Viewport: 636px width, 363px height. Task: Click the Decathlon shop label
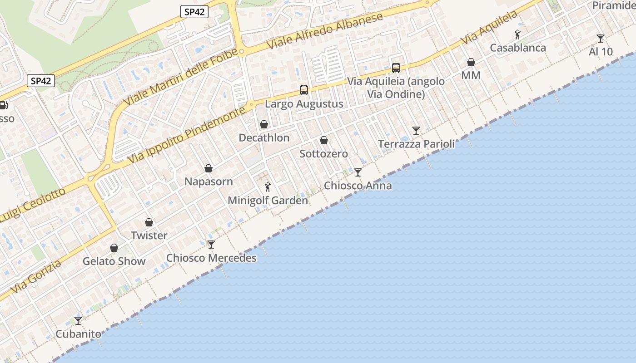(264, 138)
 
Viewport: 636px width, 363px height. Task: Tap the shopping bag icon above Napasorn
(209, 168)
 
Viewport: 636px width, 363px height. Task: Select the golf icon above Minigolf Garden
(268, 186)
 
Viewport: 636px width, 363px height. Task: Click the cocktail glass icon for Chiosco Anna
(358, 172)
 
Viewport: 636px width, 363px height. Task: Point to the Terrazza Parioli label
(416, 144)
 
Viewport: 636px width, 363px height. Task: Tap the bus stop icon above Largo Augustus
(304, 90)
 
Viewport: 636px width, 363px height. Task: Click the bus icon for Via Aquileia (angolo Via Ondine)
(396, 68)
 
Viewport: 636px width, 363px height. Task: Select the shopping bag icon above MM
(471, 62)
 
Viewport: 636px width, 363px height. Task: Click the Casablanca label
(518, 48)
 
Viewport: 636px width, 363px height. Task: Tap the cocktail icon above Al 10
(601, 38)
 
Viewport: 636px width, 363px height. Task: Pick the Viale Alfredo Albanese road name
(325, 31)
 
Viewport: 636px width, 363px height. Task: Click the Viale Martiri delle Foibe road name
(180, 77)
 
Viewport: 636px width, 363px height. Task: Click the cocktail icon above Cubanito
(78, 320)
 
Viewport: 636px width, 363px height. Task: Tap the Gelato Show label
(114, 261)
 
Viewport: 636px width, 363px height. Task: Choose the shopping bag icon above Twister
(149, 222)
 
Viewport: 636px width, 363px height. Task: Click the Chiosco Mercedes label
(211, 258)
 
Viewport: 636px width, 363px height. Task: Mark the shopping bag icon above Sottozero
(324, 140)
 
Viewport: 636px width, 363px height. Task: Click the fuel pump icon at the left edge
(3, 105)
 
